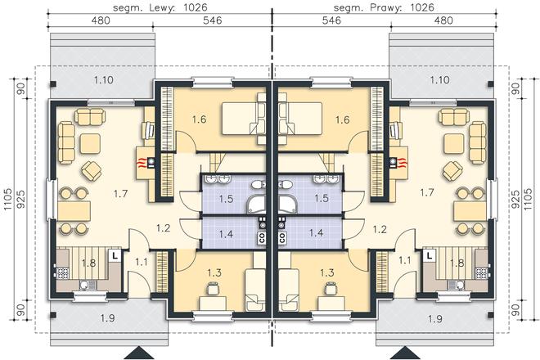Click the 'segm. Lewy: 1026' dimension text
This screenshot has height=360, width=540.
pyautogui.click(x=160, y=7)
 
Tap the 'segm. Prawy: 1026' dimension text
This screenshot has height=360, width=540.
pyautogui.click(x=384, y=7)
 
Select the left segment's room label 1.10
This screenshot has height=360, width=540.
pyautogui.click(x=104, y=80)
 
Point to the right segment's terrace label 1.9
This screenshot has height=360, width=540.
pyautogui.click(x=435, y=318)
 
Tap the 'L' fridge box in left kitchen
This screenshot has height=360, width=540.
pyautogui.click(x=115, y=255)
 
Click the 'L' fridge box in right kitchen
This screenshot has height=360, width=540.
pyautogui.click(x=429, y=255)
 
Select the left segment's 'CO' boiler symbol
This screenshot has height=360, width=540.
pyautogui.click(x=262, y=237)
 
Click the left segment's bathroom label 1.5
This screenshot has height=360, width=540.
pyautogui.click(x=227, y=199)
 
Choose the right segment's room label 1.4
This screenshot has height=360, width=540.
pyautogui.click(x=316, y=233)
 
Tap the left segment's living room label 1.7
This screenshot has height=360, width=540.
pyautogui.click(x=120, y=194)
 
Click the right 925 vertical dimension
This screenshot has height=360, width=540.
pyautogui.click(x=515, y=199)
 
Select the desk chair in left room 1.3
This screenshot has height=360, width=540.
pyautogui.click(x=212, y=288)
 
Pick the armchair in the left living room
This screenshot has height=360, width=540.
pyautogui.click(x=92, y=170)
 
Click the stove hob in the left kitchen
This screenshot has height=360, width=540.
pyautogui.click(x=63, y=273)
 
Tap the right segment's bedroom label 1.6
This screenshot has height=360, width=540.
pyautogui.click(x=342, y=119)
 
